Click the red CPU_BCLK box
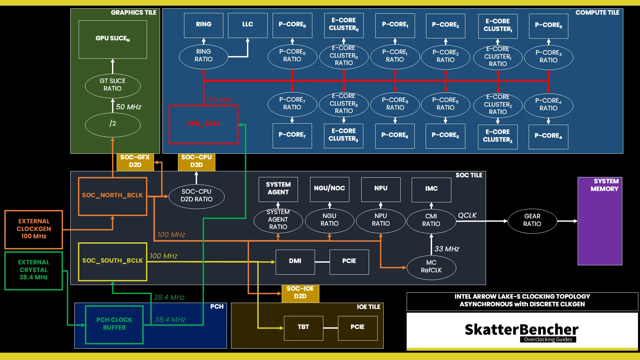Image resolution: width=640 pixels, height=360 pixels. pos(203,124)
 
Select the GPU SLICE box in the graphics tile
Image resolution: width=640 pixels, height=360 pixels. pos(113,39)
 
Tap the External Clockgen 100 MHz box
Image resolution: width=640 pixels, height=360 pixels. pos(34,229)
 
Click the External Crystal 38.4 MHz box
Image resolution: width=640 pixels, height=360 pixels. pos(34,270)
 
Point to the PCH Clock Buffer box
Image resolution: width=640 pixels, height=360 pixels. pos(114,324)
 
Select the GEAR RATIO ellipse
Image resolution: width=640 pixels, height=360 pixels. pos(532,221)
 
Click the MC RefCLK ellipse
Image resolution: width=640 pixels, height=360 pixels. pos(431,267)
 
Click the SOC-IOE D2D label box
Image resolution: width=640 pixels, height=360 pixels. pos(300,293)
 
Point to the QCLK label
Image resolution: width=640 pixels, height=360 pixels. pos(467,216)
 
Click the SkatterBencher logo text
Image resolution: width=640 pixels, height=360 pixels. pos(521,330)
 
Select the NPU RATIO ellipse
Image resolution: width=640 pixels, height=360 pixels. pos(381,220)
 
